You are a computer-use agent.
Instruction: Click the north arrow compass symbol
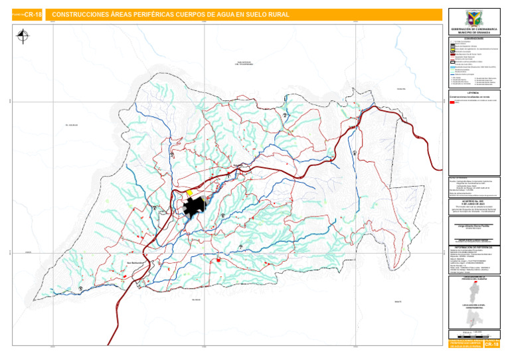click(24, 37)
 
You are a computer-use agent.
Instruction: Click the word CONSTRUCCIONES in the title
click(77, 14)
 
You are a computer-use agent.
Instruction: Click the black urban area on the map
click(194, 207)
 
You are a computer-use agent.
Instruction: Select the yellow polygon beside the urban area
click(189, 193)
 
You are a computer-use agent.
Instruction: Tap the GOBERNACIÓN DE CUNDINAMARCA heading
click(474, 30)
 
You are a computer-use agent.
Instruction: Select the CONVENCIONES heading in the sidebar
click(474, 37)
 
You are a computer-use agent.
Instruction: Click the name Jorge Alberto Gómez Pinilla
click(474, 226)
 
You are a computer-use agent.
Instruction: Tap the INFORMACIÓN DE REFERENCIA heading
click(474, 245)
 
